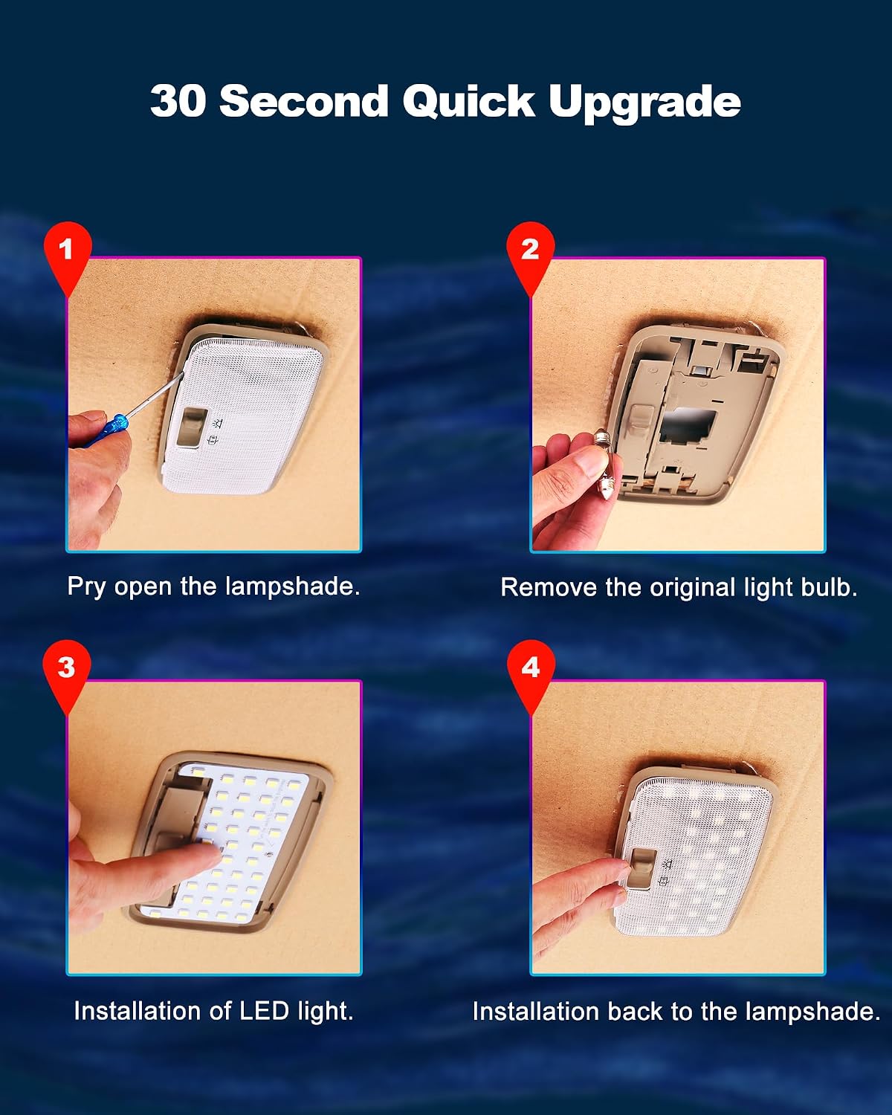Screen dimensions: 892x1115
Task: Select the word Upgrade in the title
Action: (x=644, y=103)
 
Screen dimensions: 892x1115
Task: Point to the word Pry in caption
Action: (x=87, y=587)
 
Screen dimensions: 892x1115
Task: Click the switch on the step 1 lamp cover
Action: (x=193, y=427)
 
